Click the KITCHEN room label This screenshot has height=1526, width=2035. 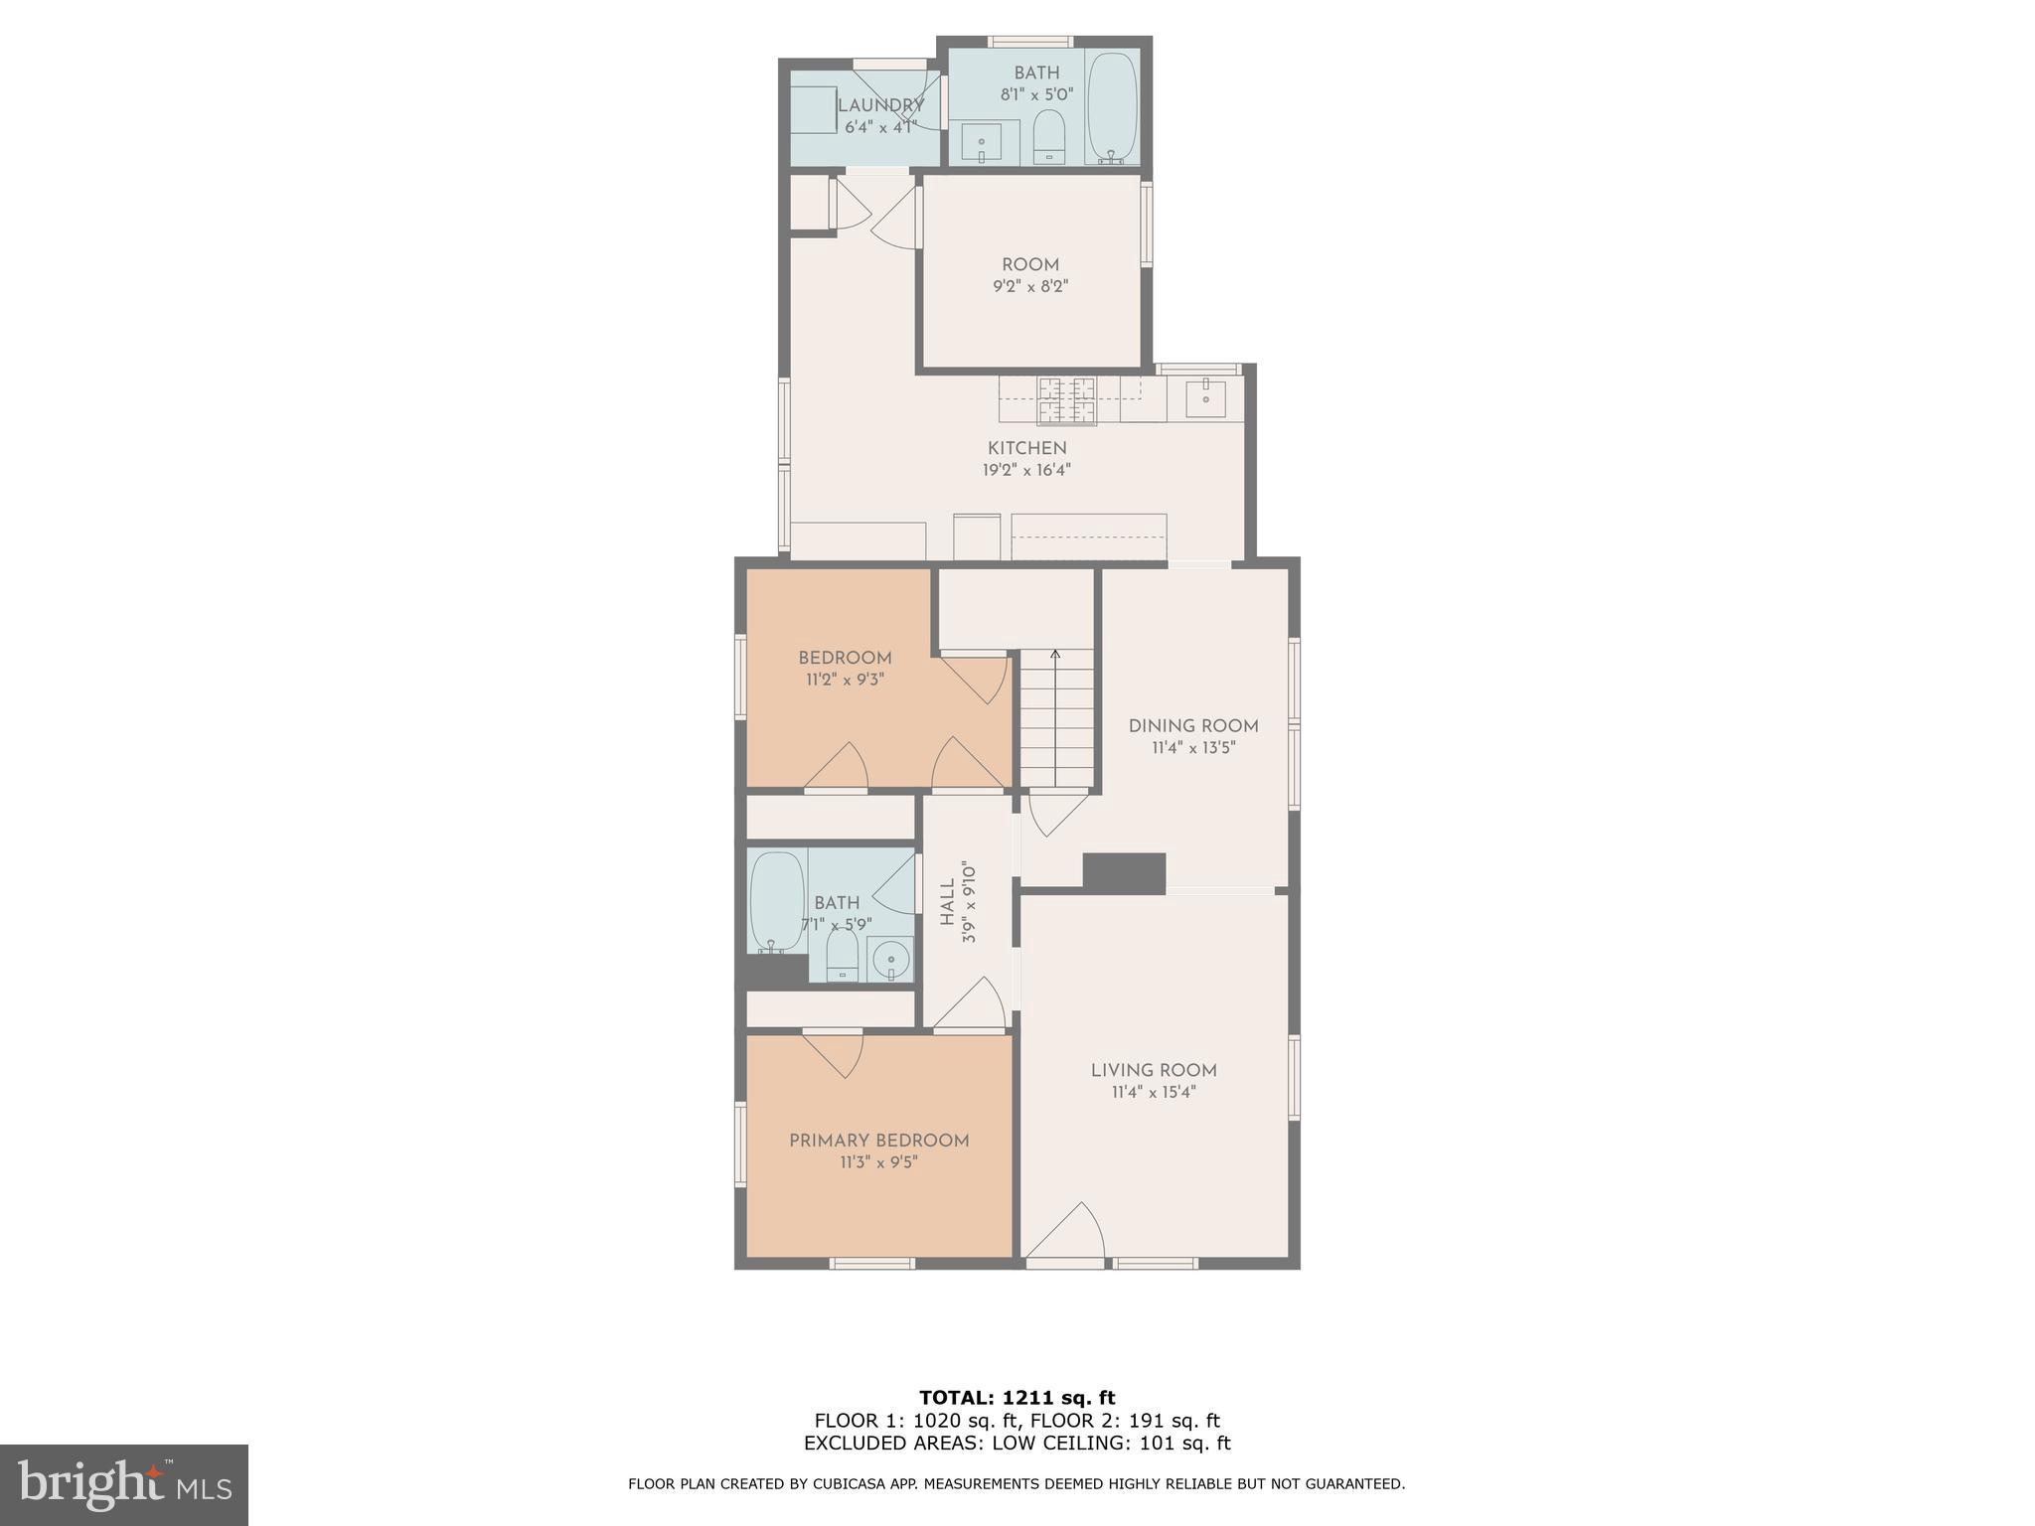tap(1026, 448)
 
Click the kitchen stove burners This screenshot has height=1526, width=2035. tap(1067, 400)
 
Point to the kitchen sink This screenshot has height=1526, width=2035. tap(1204, 397)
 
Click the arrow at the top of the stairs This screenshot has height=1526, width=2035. tap(1055, 655)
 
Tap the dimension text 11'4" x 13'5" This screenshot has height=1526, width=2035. tap(1192, 748)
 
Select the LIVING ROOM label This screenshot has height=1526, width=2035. tap(1154, 1070)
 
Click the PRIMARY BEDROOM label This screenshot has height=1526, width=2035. tap(878, 1141)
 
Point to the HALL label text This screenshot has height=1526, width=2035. tap(947, 902)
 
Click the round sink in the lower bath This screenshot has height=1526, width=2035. tap(891, 960)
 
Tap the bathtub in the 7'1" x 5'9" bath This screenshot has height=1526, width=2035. tap(777, 901)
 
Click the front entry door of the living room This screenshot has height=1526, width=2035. tap(1066, 1237)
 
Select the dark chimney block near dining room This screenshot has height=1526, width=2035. tap(1124, 872)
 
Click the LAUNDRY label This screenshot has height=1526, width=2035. tap(880, 105)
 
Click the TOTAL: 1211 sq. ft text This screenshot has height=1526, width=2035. tap(1017, 1398)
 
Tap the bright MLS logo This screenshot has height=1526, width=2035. tap(124, 1484)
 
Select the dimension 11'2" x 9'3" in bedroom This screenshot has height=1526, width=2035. tap(845, 680)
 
